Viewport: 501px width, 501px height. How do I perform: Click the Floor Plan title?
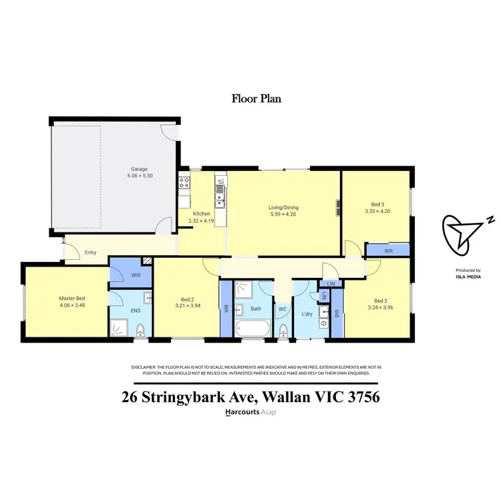pos(257,99)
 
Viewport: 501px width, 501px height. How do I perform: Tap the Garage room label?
pos(139,169)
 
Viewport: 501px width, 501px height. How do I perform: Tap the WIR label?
pos(135,274)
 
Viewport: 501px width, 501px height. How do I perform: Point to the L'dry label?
pos(307,314)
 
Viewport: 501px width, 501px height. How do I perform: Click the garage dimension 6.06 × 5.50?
pos(139,176)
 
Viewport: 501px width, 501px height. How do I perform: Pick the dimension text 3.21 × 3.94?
pos(186,306)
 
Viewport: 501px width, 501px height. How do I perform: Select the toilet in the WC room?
pos(283,331)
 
